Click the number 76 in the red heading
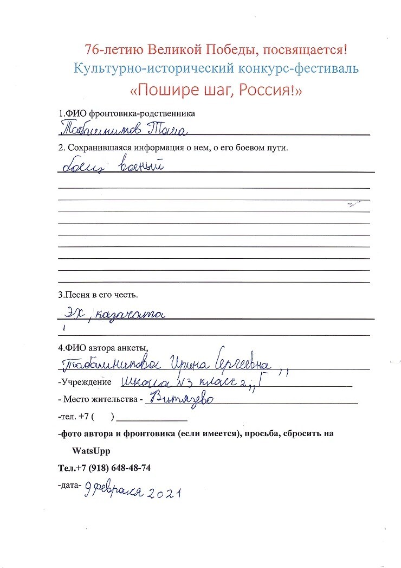click(92, 50)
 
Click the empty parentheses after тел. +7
click(103, 418)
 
